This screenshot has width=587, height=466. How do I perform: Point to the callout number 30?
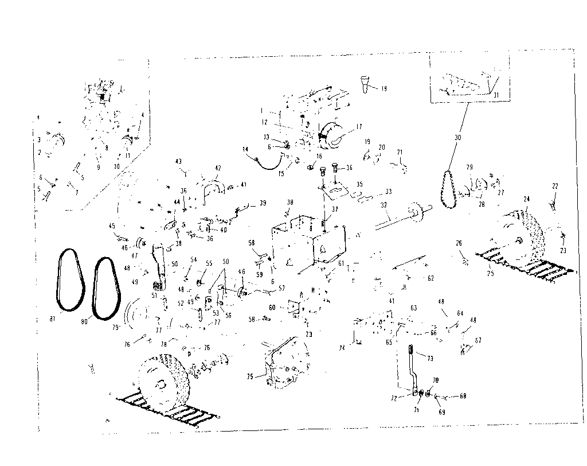click(x=457, y=138)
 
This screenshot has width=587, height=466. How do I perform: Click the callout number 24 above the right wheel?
click(x=526, y=199)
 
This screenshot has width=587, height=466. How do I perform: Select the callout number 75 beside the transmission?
click(x=249, y=377)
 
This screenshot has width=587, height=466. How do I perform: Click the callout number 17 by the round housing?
click(x=358, y=127)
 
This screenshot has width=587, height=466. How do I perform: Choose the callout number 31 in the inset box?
click(x=496, y=95)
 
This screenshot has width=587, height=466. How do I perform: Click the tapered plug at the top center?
click(x=364, y=84)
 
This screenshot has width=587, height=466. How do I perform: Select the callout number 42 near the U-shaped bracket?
click(x=217, y=168)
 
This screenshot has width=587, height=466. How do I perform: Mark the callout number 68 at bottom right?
click(x=463, y=396)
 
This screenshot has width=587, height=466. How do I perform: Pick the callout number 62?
click(x=431, y=278)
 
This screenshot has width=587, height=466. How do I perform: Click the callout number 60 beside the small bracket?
click(x=272, y=308)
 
